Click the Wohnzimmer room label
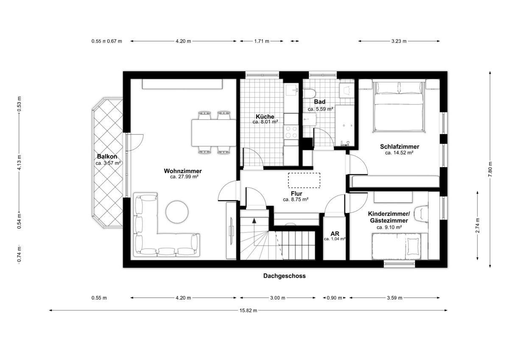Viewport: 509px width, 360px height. pos(183,171)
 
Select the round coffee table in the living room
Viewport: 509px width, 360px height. pos(177,212)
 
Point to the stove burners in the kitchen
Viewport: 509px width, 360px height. pos(291,132)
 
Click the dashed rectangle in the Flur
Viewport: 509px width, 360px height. pos(304,180)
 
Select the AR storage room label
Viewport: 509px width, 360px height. pos(335,233)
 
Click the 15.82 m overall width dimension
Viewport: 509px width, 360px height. pos(248,310)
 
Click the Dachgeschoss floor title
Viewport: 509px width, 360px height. pos(284,276)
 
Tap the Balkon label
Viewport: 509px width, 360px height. pos(107,157)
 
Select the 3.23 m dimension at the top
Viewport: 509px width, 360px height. pos(399,41)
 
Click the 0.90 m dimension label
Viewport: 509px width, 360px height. pos(334,298)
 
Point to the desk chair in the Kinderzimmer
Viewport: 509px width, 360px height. pos(421,214)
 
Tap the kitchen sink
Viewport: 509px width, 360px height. pos(291,90)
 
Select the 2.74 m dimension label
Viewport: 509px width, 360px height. pos(478,225)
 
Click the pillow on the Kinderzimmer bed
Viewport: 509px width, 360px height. pos(413,247)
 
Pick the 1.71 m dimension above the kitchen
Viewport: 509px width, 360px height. pos(262,41)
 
